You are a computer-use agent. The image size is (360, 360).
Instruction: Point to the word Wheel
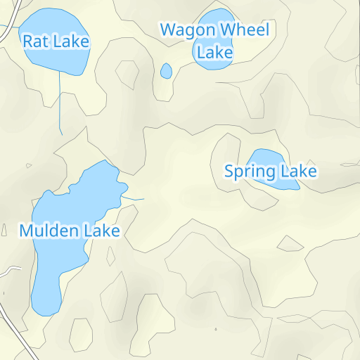(x=243, y=30)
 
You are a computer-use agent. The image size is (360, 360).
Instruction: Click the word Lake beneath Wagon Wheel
(x=214, y=52)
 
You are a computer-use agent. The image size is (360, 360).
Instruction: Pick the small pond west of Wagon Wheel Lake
(x=166, y=71)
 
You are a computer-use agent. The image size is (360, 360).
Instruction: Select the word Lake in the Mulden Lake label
(x=101, y=230)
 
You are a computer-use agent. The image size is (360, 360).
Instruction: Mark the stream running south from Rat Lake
(x=60, y=105)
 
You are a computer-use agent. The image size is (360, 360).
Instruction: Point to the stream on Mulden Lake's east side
(x=134, y=199)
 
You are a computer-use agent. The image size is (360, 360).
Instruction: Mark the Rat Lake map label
(x=56, y=41)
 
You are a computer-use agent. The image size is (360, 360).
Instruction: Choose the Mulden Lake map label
(x=70, y=230)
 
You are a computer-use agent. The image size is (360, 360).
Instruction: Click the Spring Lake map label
(x=271, y=171)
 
